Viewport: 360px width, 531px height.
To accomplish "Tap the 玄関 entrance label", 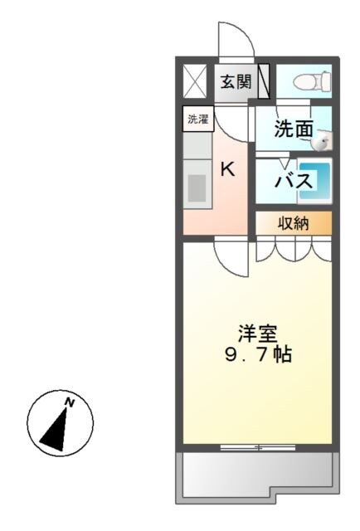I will coord(236,81).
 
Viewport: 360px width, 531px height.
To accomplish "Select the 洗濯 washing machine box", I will coord(198,119).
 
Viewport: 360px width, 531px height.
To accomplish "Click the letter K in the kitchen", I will coord(226,168).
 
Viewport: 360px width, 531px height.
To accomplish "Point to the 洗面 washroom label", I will coord(293,129).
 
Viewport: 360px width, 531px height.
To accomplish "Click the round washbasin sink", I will coord(322,142).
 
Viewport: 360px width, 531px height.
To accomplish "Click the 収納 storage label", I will coord(293,222).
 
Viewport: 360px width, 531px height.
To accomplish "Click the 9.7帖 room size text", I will coord(256,355).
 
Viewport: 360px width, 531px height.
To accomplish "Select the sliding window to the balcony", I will coord(257,448).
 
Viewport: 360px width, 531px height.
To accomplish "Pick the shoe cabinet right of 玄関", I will coord(264,81).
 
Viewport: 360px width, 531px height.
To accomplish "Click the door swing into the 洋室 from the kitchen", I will coord(232,257).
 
